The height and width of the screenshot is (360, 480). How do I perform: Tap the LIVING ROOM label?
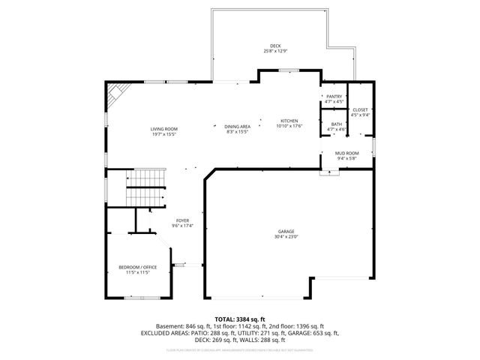click(x=163, y=129)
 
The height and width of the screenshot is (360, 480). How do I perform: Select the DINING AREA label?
click(x=237, y=127)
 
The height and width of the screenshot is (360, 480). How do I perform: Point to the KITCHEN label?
click(x=290, y=120)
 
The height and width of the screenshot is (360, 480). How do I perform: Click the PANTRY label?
click(x=334, y=97)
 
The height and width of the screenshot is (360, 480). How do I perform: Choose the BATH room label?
click(x=336, y=124)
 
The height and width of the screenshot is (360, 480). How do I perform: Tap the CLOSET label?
click(x=360, y=109)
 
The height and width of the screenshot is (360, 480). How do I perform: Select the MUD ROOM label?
click(x=346, y=153)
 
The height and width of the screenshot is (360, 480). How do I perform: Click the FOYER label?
click(x=182, y=220)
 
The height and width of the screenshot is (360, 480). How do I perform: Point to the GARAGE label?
click(x=286, y=232)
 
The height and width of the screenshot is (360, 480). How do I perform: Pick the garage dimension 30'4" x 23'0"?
click(x=286, y=238)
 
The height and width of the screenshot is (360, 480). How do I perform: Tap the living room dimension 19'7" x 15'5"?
click(x=163, y=134)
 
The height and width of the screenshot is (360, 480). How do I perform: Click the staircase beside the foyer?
click(x=145, y=187)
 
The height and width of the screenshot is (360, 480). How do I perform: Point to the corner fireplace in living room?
click(x=115, y=93)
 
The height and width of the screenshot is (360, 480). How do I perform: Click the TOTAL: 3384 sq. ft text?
click(x=240, y=319)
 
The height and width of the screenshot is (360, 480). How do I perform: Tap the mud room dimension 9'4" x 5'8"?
click(x=346, y=158)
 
